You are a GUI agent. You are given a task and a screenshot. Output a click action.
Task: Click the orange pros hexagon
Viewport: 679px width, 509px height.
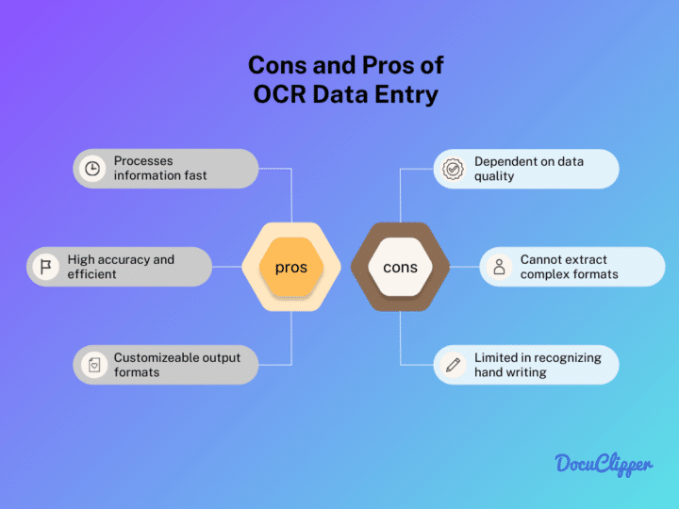pyautogui.click(x=291, y=268)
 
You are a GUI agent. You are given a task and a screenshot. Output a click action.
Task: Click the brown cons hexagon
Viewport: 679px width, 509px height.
pyautogui.click(x=400, y=268)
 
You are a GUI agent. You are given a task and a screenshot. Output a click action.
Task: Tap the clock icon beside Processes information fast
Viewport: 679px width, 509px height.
pyautogui.click(x=92, y=169)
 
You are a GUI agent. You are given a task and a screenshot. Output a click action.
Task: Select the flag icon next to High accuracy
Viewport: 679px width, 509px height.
pyautogui.click(x=44, y=267)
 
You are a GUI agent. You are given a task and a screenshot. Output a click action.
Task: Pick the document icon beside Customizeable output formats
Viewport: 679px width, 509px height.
pyautogui.click(x=92, y=366)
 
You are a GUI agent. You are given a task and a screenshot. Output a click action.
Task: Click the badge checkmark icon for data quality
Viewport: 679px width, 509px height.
pyautogui.click(x=453, y=169)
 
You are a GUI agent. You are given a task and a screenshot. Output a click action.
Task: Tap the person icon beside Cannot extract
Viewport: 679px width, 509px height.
pyautogui.click(x=499, y=267)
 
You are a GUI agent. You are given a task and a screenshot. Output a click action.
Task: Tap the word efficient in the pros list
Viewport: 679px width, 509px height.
pyautogui.click(x=91, y=274)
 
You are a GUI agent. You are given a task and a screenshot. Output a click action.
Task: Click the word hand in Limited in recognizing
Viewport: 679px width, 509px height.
pyautogui.click(x=490, y=372)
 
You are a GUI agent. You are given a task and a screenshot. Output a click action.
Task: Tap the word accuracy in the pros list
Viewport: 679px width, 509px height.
pyautogui.click(x=124, y=259)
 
